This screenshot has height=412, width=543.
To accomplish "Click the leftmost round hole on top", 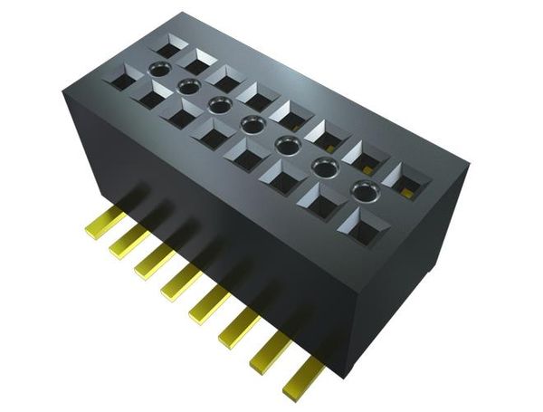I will (x=159, y=70).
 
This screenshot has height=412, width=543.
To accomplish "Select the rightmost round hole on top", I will (x=364, y=190).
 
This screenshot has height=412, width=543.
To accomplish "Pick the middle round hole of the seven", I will (x=252, y=123).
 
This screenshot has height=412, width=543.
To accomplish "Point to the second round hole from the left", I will (x=188, y=87).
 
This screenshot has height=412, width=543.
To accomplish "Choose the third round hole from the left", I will (x=219, y=105).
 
